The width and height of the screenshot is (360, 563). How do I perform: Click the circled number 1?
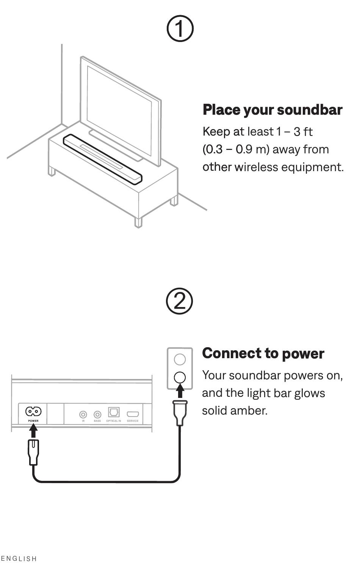coord(180,28)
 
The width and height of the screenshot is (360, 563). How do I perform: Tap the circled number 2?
coord(179,301)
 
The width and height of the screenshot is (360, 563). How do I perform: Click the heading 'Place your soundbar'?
coord(272,110)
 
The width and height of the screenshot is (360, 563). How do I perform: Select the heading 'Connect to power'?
coord(263,353)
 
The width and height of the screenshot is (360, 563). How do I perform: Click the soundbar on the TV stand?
coord(102,159)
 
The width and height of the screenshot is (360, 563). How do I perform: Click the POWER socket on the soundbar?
coord(33,412)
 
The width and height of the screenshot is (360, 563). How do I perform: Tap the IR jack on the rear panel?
coord(83,414)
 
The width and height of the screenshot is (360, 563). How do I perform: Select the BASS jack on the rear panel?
coord(97,414)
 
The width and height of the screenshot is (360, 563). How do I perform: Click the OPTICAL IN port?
coord(114,412)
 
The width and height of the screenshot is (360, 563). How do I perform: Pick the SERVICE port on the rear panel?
coord(133,414)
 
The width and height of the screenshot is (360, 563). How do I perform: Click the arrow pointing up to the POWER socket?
coord(33,431)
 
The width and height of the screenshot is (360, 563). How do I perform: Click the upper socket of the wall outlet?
coord(180,359)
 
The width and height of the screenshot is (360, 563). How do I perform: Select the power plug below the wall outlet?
coord(180,413)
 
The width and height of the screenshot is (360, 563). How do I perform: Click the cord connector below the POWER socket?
coord(33,452)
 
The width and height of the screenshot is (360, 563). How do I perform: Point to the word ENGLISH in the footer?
coord(19,558)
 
